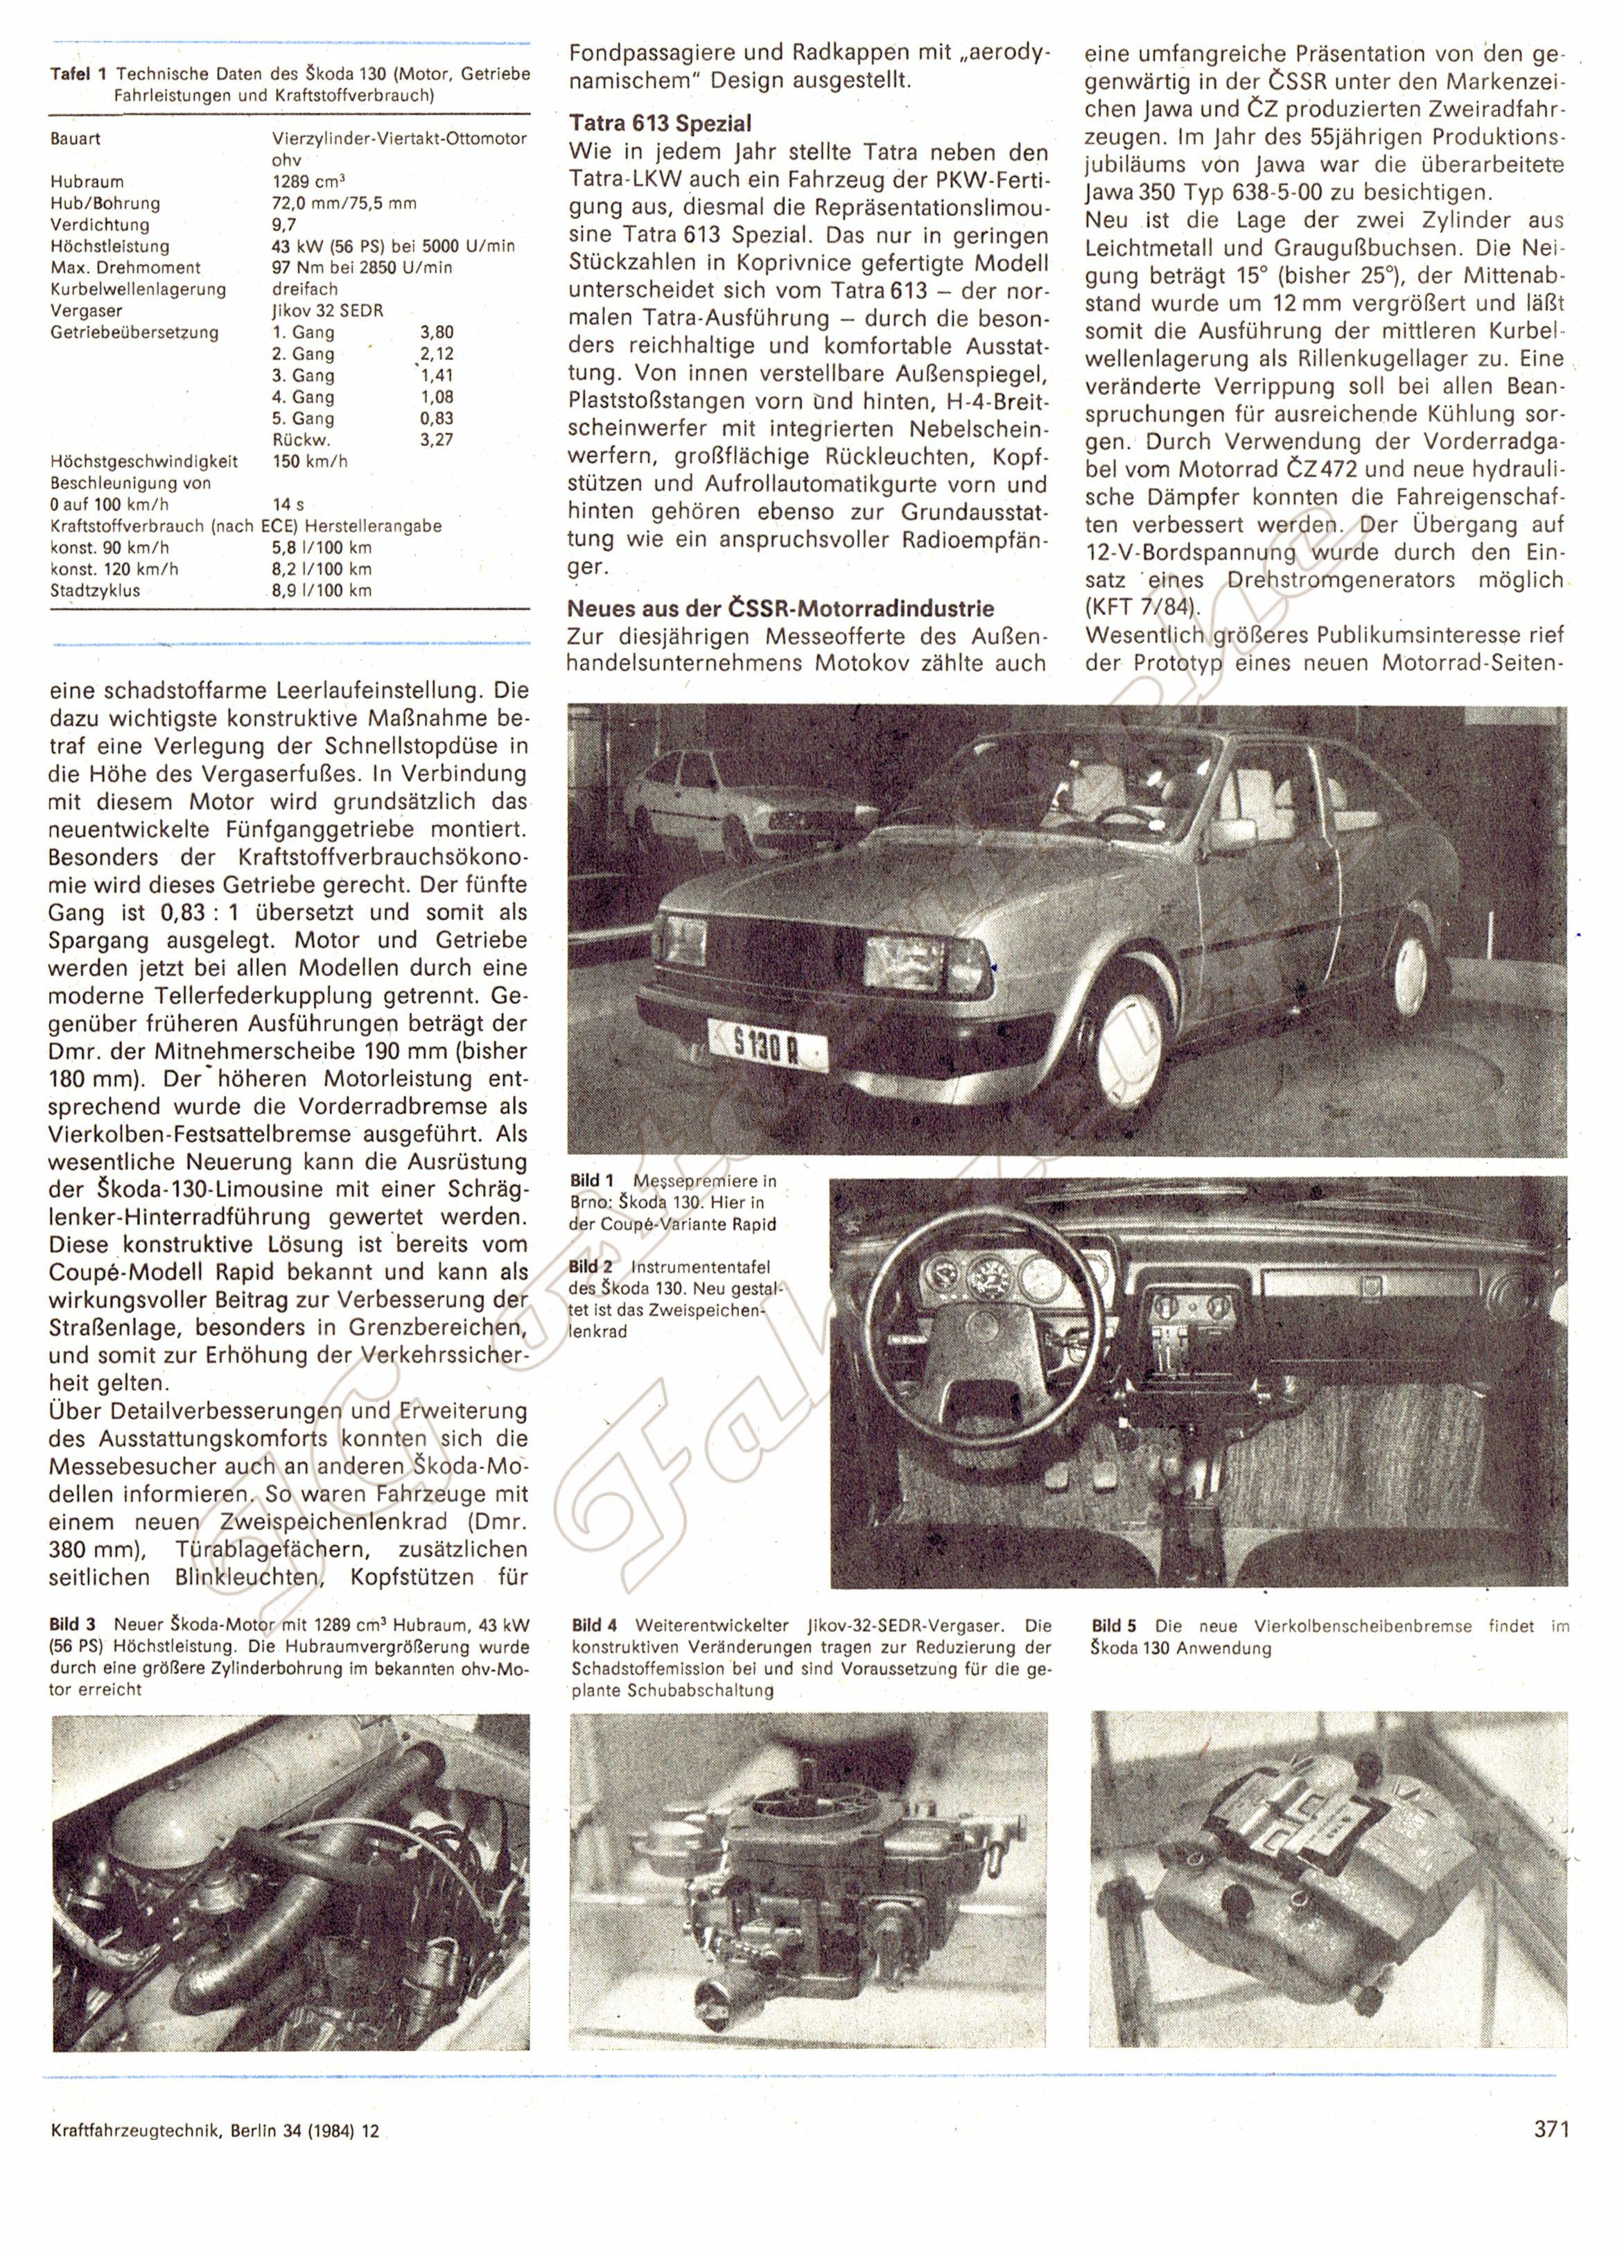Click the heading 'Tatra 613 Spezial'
pos(660,123)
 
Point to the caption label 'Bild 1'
pos(592,1180)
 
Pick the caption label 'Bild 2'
pos(592,1267)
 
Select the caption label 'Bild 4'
pos(594,1625)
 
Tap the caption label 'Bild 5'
pos(1113,1625)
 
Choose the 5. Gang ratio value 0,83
pos(437,418)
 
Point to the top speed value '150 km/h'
pos(310,461)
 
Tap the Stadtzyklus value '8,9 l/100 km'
pos(322,590)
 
